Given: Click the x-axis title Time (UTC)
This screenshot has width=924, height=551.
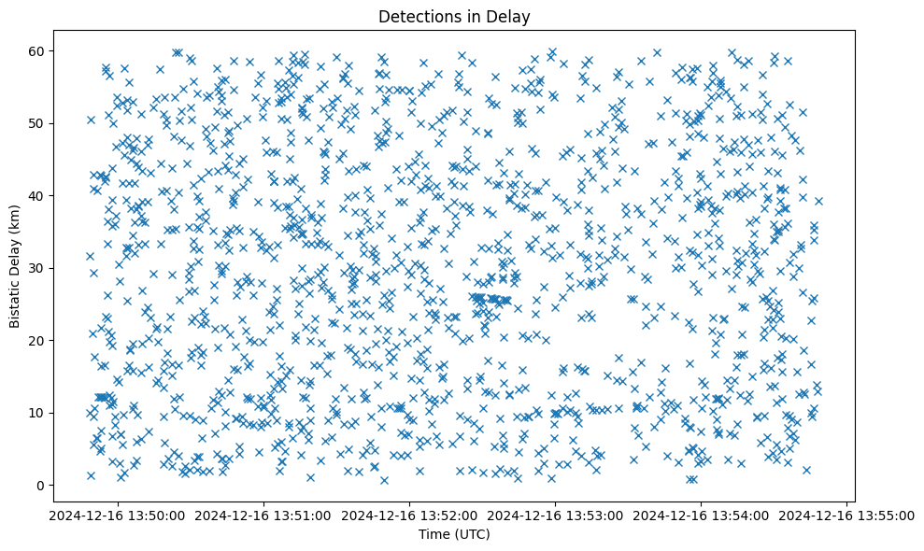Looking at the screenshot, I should point(453,534).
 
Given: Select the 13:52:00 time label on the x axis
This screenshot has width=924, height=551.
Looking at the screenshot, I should point(409,515).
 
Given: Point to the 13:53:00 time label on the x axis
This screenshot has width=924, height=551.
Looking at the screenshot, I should point(555,515).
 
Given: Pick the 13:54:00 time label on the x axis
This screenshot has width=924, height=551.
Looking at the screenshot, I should point(701,515).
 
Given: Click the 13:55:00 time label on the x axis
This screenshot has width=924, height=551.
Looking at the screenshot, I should point(846,515).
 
